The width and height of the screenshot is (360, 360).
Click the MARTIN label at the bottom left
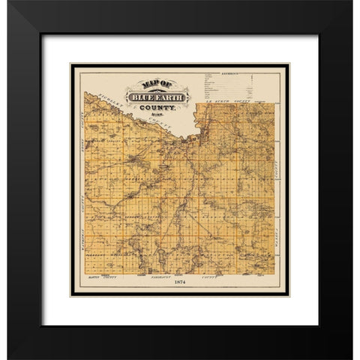[88, 276]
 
